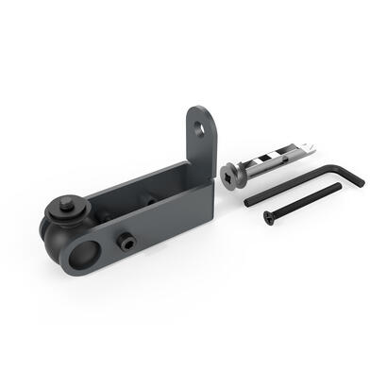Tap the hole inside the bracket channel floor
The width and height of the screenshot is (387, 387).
(x=149, y=199)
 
